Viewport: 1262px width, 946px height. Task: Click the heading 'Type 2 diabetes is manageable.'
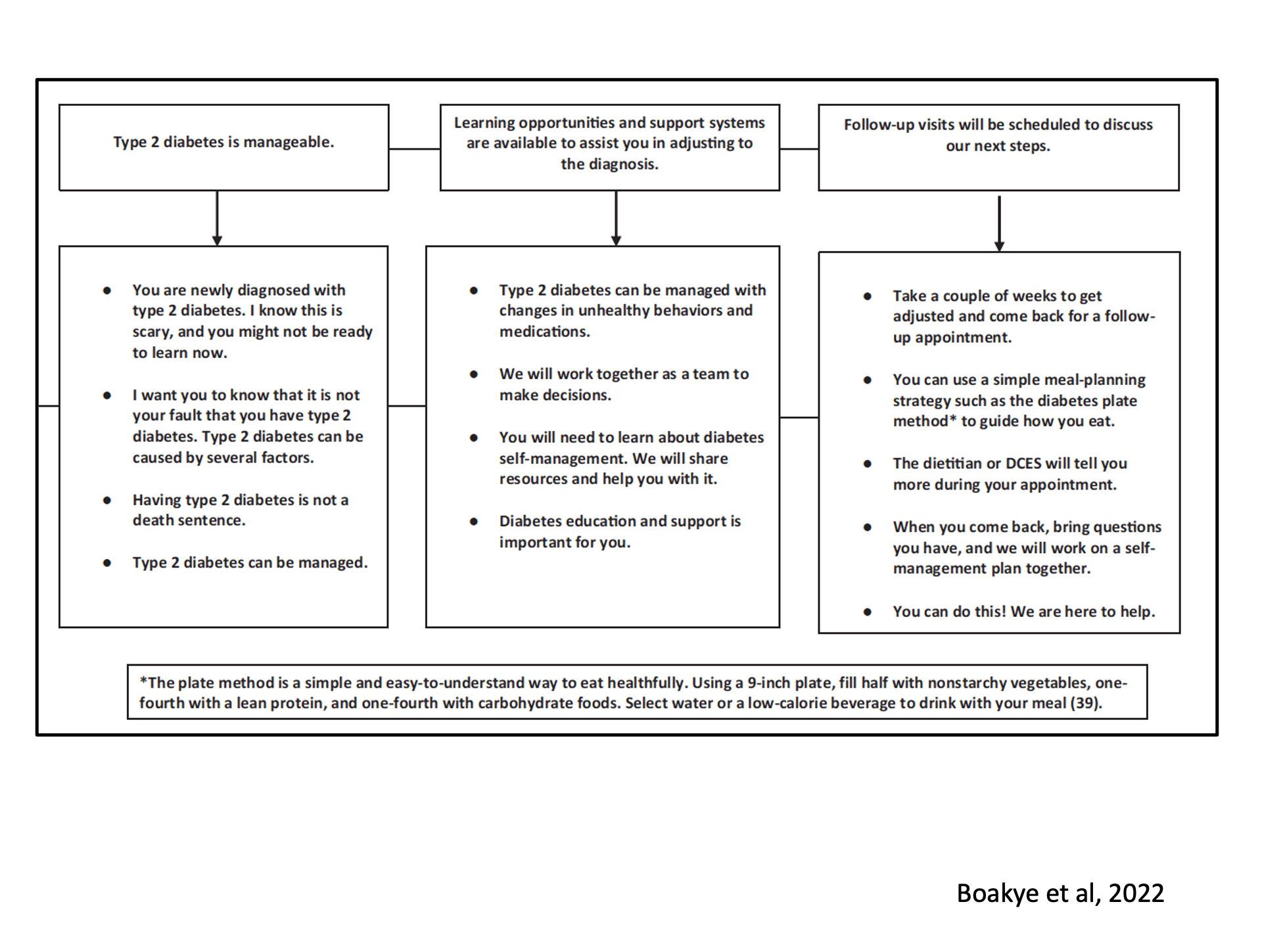[x=223, y=142]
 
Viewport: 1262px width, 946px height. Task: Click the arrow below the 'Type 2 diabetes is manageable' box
[x=217, y=218]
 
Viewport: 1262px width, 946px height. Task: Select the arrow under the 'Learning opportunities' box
[x=616, y=218]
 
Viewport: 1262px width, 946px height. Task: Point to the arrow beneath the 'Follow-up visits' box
[x=999, y=223]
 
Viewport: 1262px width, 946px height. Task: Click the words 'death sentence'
[x=189, y=520]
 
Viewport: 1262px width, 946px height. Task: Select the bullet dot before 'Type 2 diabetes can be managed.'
[x=106, y=563]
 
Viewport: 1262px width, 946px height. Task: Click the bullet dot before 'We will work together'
[x=473, y=374]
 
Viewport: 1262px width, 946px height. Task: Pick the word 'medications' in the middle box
[x=544, y=332]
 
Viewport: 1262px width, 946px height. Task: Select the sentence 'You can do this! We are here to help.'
[x=1023, y=612]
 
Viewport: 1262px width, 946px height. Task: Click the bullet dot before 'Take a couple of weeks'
[x=867, y=296]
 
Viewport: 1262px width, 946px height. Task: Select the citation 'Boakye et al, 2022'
[x=1060, y=893]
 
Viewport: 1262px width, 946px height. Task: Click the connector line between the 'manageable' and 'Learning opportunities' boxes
[x=414, y=149]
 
